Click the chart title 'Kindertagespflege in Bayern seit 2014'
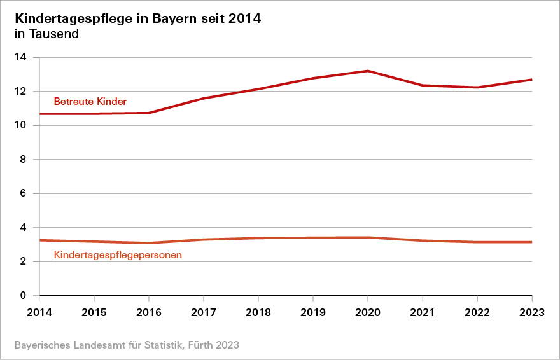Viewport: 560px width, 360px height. [x=137, y=18]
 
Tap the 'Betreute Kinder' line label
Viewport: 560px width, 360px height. [x=90, y=101]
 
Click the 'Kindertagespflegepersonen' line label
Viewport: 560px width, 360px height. [x=118, y=255]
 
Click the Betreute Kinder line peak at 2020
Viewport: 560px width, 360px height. [x=368, y=71]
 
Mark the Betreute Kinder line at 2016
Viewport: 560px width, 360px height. [x=148, y=113]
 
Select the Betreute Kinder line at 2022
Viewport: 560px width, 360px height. [x=477, y=87]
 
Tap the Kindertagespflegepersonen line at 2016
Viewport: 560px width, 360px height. [x=148, y=243]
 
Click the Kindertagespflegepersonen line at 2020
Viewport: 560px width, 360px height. [x=368, y=237]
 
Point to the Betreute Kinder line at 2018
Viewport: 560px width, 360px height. [x=258, y=89]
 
